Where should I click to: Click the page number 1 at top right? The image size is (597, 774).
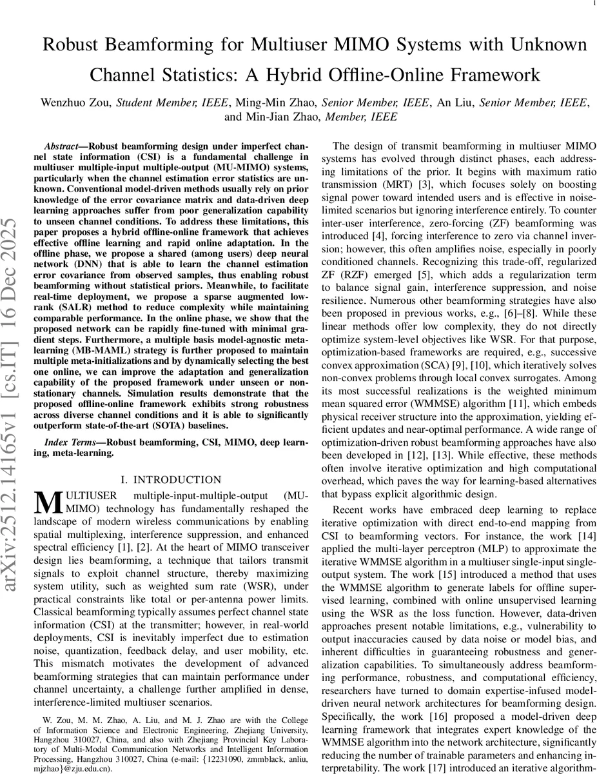coord(592,4)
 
